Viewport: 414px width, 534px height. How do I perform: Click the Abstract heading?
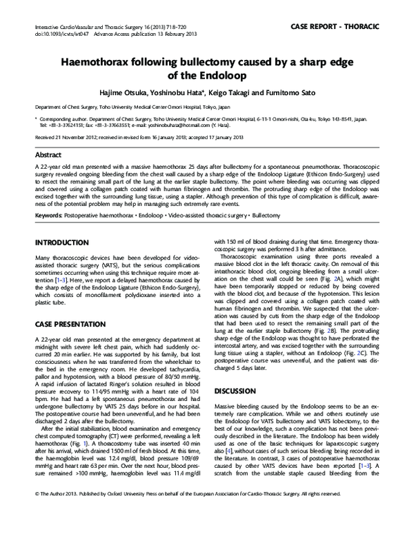pos(48,156)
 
